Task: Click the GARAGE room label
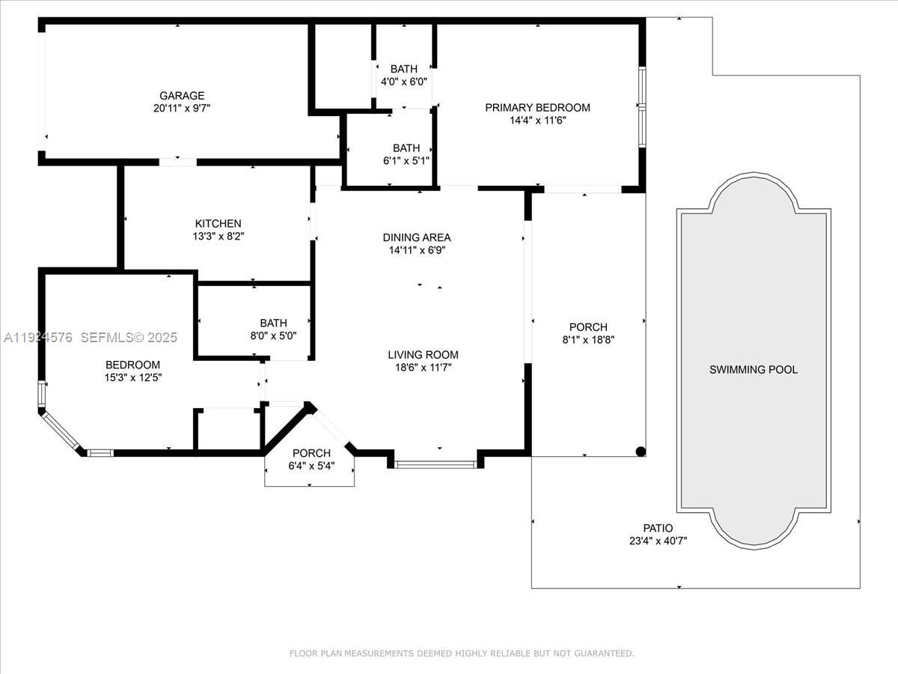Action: click(182, 96)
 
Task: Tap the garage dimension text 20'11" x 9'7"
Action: click(182, 108)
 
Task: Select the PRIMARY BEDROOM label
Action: click(537, 108)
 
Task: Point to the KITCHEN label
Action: click(218, 224)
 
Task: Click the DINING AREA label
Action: click(417, 238)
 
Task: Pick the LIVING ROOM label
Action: click(423, 355)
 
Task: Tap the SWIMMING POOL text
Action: click(754, 370)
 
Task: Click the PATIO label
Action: click(658, 529)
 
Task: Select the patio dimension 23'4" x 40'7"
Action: click(658, 541)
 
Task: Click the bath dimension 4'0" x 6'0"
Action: click(404, 82)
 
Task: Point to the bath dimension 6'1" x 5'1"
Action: click(406, 160)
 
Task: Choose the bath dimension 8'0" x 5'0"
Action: click(273, 336)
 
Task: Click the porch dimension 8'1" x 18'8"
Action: click(588, 339)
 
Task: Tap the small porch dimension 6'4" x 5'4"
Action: click(311, 465)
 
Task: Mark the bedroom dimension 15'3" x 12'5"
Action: click(132, 377)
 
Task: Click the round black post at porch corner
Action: click(641, 451)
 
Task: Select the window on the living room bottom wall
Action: click(435, 464)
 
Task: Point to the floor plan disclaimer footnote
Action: click(462, 654)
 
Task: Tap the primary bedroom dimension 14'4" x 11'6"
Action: click(537, 120)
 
